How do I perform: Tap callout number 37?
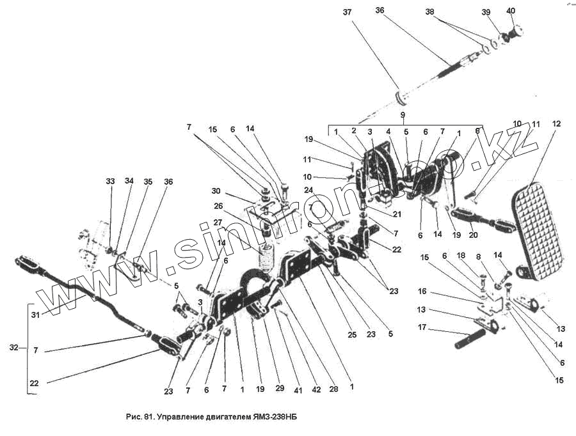click(x=347, y=12)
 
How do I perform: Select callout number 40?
click(x=511, y=11)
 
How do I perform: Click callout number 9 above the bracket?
click(x=403, y=115)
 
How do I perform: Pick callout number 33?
click(x=110, y=182)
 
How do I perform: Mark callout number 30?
click(x=216, y=191)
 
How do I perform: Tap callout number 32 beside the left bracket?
click(x=14, y=348)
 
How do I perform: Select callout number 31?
click(x=35, y=315)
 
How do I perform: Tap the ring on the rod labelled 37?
click(x=402, y=98)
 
